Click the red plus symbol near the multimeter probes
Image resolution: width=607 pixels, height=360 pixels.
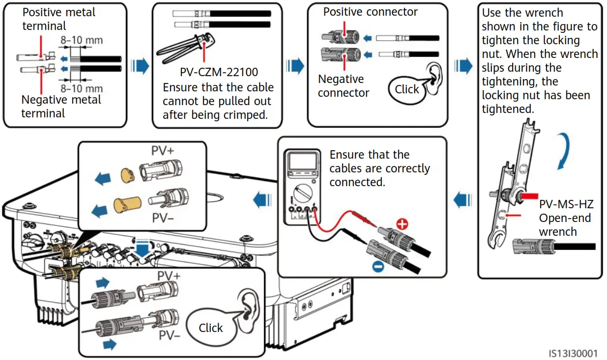[402, 225]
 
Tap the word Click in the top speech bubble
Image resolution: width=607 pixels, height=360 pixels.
[407, 89]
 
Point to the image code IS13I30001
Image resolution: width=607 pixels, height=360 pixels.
[574, 353]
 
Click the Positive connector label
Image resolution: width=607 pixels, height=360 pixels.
[371, 12]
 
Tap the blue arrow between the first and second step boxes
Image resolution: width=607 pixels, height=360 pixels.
[142, 66]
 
